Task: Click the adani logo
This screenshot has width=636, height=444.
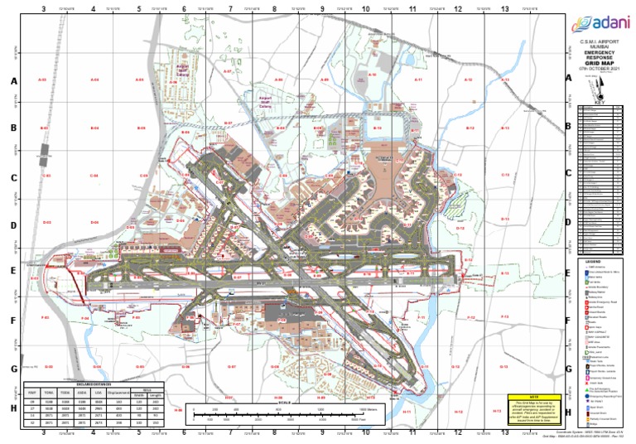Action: click(x=595, y=22)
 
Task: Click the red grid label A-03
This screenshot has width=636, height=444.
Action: click(x=42, y=80)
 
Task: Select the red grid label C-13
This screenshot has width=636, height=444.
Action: click(x=504, y=176)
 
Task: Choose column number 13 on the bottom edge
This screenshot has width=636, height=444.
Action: click(x=504, y=432)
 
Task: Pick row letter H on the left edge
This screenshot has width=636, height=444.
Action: click(x=13, y=408)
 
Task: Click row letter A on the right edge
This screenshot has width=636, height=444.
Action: click(x=568, y=78)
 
